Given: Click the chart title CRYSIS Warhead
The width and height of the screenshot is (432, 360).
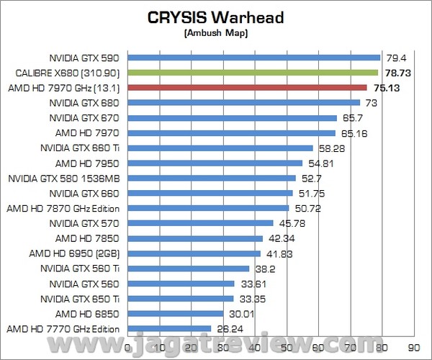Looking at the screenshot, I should (215, 17).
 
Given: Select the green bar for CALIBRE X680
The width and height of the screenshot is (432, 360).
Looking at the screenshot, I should (253, 73).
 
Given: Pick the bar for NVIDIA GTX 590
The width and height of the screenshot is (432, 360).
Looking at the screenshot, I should (253, 58).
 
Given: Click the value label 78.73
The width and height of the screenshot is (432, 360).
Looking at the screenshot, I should (395, 73).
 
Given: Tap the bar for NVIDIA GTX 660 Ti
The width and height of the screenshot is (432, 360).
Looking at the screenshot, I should (220, 148).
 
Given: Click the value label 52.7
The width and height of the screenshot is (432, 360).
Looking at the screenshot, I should (310, 178).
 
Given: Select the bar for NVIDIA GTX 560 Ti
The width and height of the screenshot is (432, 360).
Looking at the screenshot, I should (188, 269).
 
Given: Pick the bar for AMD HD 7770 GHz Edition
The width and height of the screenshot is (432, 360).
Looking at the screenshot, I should (169, 328).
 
